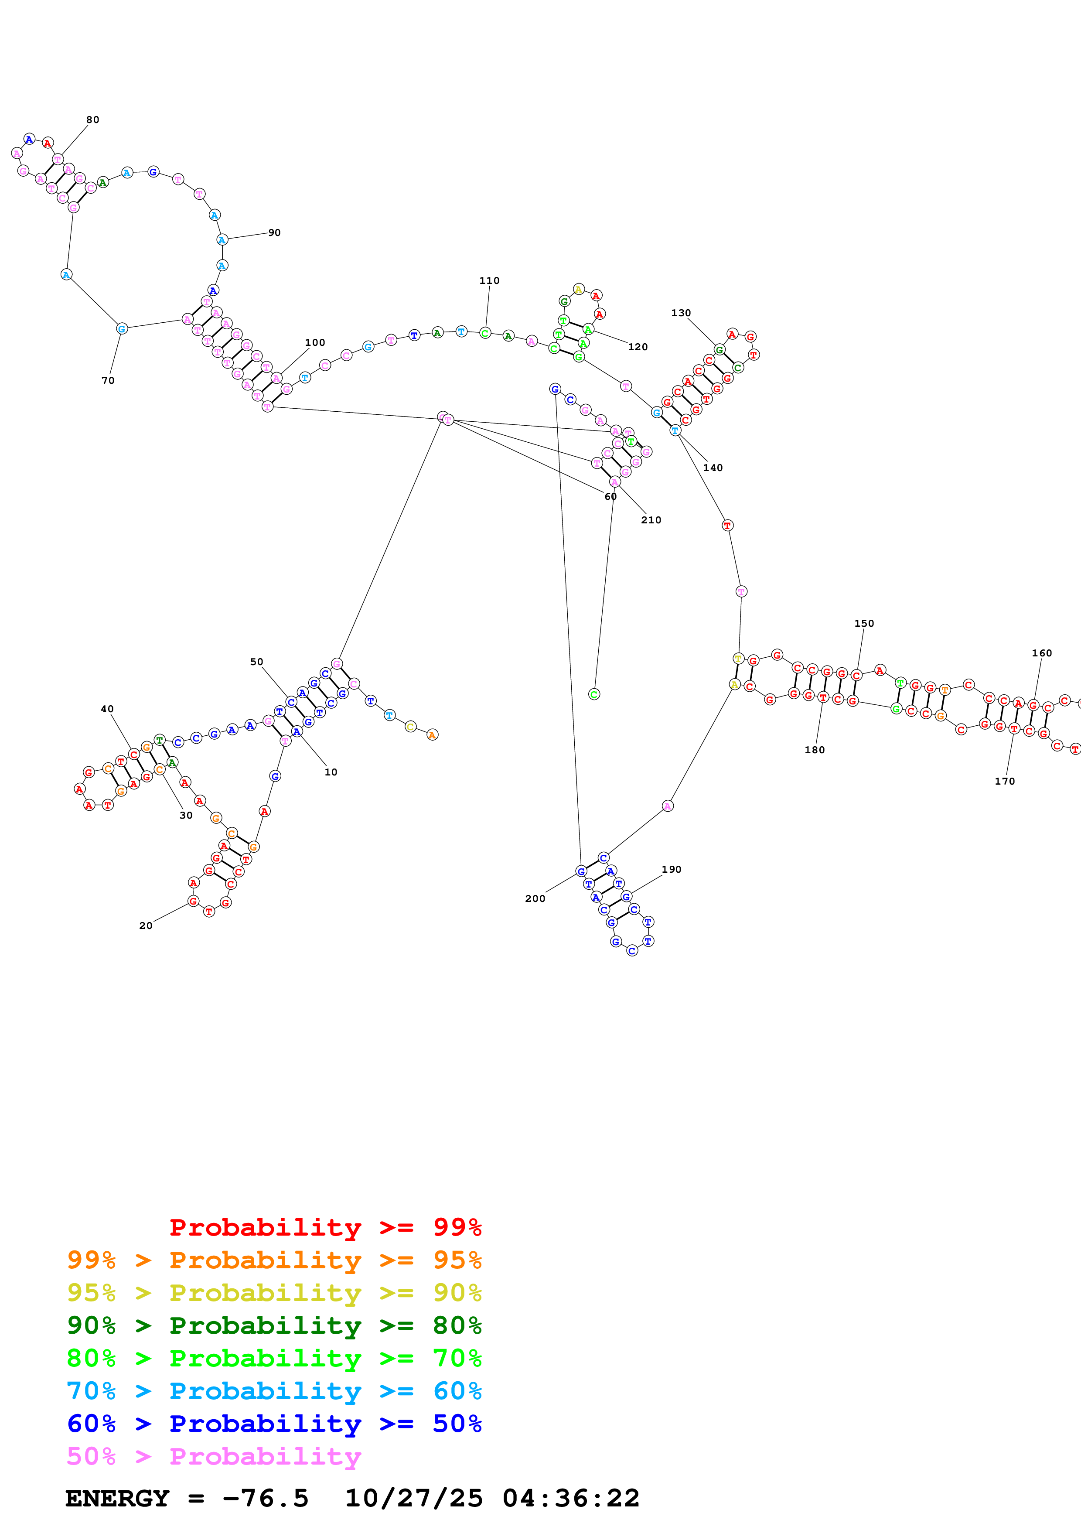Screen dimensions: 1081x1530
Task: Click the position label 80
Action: (92, 120)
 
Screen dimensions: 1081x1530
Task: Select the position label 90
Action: (274, 232)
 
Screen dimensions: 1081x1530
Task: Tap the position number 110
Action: (489, 280)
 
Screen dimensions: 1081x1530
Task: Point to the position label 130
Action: (681, 313)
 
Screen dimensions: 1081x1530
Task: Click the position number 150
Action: (864, 623)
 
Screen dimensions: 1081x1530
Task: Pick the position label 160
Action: (1042, 653)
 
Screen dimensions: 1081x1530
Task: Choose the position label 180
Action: (815, 750)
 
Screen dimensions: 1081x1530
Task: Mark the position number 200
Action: (535, 898)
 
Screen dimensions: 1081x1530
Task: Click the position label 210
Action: (651, 520)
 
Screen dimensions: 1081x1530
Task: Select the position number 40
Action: (107, 709)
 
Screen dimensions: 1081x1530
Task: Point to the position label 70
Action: (108, 380)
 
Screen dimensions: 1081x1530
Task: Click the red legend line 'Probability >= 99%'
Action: (325, 1227)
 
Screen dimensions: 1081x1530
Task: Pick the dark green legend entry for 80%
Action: (274, 1325)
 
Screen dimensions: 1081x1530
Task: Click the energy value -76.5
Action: (266, 1499)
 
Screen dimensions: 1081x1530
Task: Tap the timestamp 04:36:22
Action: (571, 1499)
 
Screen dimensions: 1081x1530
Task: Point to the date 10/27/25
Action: (414, 1499)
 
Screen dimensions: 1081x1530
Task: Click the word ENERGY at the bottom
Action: (117, 1499)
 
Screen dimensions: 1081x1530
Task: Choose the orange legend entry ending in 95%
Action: (274, 1260)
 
